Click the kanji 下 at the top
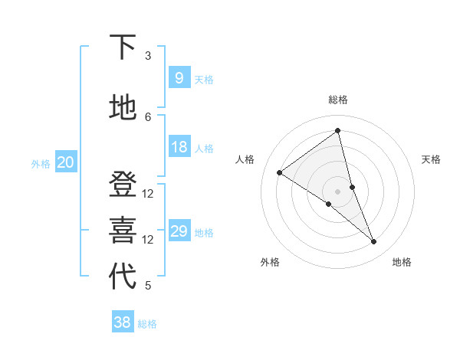122,47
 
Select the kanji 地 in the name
122,108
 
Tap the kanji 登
122,185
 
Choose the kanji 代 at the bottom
122,277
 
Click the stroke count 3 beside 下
148,55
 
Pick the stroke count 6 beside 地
148,116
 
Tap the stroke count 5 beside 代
148,286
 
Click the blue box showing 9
179,77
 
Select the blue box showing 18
179,147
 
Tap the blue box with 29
179,231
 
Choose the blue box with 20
65,162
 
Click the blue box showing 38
122,322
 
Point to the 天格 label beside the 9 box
204,80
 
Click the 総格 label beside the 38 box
147,324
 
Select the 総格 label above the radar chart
338,100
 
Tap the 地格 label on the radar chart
402,262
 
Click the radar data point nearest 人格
280,172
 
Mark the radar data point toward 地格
374,242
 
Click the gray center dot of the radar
338,191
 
